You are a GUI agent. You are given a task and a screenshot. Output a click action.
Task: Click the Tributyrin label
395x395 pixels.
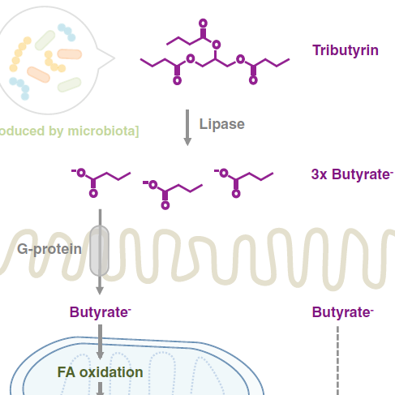click(346, 50)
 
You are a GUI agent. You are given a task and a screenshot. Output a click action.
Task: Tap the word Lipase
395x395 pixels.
click(222, 124)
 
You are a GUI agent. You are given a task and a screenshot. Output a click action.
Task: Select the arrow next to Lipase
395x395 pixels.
click(187, 127)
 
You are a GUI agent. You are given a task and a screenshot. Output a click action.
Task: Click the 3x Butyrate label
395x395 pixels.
click(352, 174)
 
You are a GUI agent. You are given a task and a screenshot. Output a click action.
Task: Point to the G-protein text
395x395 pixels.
click(49, 249)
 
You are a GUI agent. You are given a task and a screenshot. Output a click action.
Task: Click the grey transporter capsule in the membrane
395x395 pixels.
click(100, 251)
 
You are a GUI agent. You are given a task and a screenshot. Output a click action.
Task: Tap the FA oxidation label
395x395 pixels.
click(100, 372)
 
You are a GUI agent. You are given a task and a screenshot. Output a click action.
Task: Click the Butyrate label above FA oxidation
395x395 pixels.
click(101, 312)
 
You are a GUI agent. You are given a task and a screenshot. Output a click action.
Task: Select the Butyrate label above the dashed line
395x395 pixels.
click(343, 312)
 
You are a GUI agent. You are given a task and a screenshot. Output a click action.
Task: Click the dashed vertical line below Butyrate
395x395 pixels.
click(337, 361)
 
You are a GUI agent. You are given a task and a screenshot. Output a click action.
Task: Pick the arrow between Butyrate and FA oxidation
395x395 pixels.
click(100, 342)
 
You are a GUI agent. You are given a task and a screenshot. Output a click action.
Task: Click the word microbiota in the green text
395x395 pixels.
click(101, 131)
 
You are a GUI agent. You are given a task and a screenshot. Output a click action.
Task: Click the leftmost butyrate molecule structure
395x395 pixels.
click(101, 182)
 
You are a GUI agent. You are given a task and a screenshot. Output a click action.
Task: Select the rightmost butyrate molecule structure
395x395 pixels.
click(243, 183)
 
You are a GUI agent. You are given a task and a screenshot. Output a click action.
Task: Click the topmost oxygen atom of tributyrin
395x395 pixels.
click(203, 24)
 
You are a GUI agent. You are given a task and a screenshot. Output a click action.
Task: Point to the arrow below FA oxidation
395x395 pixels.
click(100, 389)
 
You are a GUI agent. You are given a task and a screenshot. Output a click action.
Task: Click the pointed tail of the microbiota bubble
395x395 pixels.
click(114, 58)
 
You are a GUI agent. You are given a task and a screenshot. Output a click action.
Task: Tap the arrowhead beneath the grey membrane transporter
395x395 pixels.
click(100, 290)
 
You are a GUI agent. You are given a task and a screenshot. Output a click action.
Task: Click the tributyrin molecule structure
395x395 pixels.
click(215, 52)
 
